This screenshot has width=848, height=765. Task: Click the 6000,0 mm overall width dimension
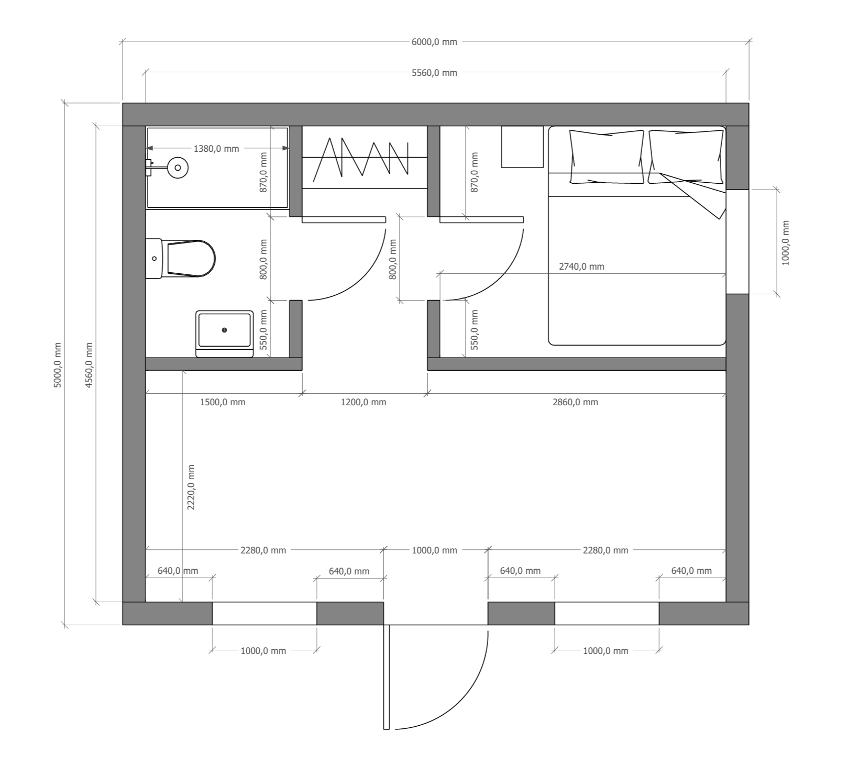click(434, 42)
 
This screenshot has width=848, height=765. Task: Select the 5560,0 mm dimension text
click(434, 73)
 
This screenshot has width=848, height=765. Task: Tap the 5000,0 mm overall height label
click(58, 365)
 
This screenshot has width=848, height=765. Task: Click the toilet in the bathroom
click(181, 259)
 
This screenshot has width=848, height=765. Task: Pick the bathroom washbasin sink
click(224, 334)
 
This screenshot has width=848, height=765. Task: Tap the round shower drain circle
click(178, 168)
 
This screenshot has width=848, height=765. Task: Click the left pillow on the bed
click(607, 157)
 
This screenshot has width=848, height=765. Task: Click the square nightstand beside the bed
click(522, 147)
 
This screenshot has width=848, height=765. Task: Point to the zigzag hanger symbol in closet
click(361, 157)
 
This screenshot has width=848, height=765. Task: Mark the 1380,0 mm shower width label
click(216, 149)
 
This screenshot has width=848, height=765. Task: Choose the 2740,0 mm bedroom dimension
click(581, 267)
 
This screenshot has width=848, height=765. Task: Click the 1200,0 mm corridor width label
click(364, 402)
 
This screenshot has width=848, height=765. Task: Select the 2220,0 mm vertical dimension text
click(191, 487)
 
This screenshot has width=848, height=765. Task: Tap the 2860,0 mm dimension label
click(575, 402)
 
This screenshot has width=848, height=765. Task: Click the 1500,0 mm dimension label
click(223, 402)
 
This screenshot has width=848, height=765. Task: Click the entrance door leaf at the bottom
click(387, 677)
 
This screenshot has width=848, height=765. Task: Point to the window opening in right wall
click(737, 241)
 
